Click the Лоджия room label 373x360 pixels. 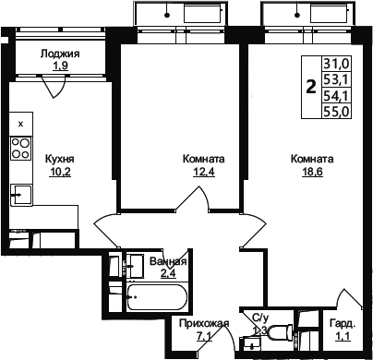click(x=60, y=54)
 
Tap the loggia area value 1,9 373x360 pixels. click(x=60, y=66)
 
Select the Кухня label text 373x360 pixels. click(x=60, y=159)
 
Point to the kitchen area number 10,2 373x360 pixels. click(x=60, y=172)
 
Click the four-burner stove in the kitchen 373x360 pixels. click(x=21, y=149)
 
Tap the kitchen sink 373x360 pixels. click(x=21, y=195)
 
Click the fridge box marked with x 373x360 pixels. click(x=21, y=124)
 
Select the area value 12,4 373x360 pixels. click(x=203, y=172)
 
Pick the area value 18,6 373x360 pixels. click(x=312, y=172)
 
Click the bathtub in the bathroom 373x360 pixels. click(x=157, y=297)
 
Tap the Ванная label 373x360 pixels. click(x=168, y=261)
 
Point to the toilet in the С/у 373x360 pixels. click(x=280, y=331)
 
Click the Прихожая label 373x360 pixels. click(x=204, y=324)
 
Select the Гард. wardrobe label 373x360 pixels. click(x=343, y=324)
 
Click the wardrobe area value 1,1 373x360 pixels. click(x=343, y=336)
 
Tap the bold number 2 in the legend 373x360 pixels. click(x=311, y=87)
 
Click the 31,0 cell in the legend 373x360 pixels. click(x=336, y=65)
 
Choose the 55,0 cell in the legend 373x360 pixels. click(x=336, y=111)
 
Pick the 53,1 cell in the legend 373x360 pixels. click(x=336, y=80)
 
